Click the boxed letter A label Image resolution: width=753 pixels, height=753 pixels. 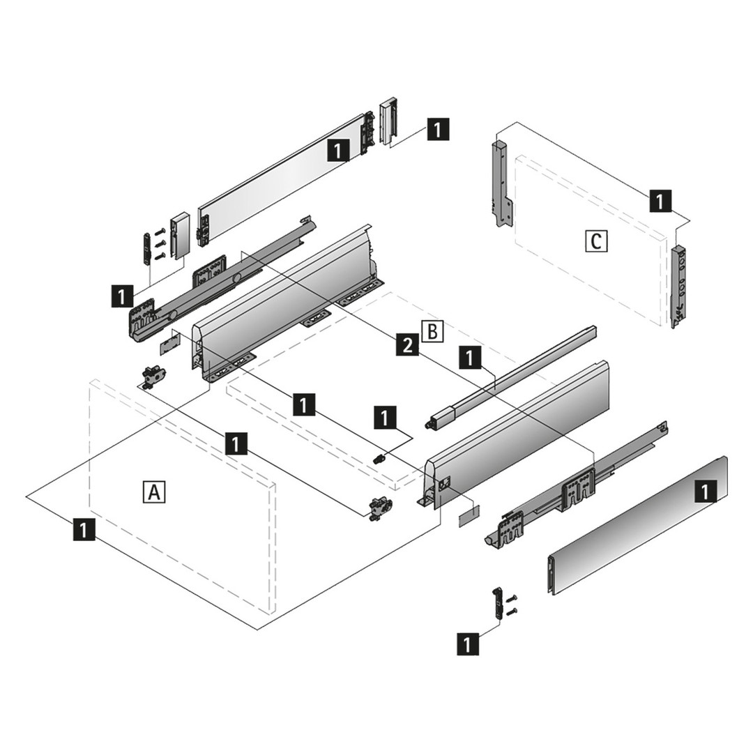153,492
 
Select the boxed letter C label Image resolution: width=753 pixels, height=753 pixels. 595,241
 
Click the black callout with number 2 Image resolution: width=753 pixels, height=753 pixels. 407,344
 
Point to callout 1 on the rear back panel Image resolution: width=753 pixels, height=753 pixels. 338,150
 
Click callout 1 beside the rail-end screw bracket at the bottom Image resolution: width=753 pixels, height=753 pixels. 468,644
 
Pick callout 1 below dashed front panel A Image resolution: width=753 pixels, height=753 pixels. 83,529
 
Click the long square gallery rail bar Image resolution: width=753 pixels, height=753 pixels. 512,376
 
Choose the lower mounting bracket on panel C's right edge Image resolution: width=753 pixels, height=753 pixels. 679,286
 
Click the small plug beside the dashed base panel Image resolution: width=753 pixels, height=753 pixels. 380,459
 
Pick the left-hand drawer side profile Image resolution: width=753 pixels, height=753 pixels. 286,300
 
